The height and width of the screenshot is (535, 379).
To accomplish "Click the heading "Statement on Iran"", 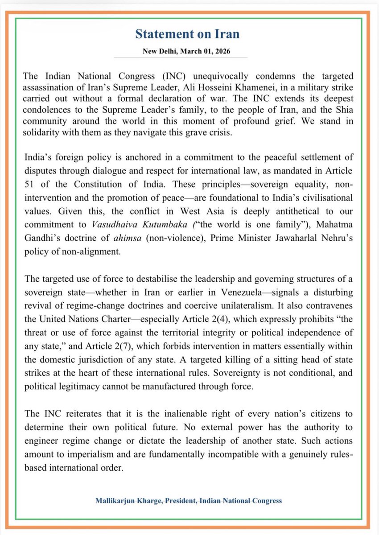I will (x=189, y=35).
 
